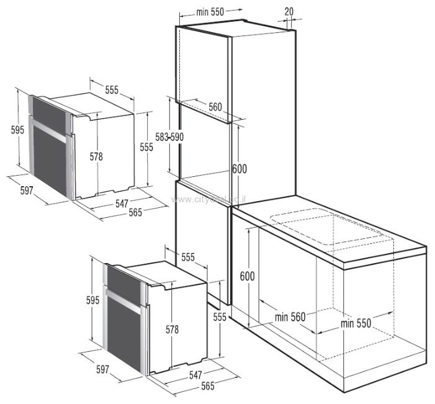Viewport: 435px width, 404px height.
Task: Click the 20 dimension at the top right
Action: point(289,11)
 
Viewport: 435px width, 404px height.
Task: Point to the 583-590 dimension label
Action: point(169,136)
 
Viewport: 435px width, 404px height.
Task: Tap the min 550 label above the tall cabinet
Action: point(210,11)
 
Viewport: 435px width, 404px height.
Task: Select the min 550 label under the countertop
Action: point(356,323)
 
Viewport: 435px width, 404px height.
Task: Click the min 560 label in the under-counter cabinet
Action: point(290,317)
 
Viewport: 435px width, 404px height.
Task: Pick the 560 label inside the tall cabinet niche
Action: point(215,107)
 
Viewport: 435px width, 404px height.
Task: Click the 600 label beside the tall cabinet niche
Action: point(239,168)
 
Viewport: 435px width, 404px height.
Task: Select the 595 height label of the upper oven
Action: point(17,129)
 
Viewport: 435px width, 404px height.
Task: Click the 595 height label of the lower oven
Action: point(92,300)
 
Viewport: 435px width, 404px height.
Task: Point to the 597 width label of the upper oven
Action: point(26,190)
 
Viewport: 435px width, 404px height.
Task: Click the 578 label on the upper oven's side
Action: point(96,156)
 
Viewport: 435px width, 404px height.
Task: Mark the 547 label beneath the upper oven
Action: point(122,203)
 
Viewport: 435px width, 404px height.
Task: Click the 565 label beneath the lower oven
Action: point(207,386)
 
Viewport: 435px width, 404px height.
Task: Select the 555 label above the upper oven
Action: point(111,89)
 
